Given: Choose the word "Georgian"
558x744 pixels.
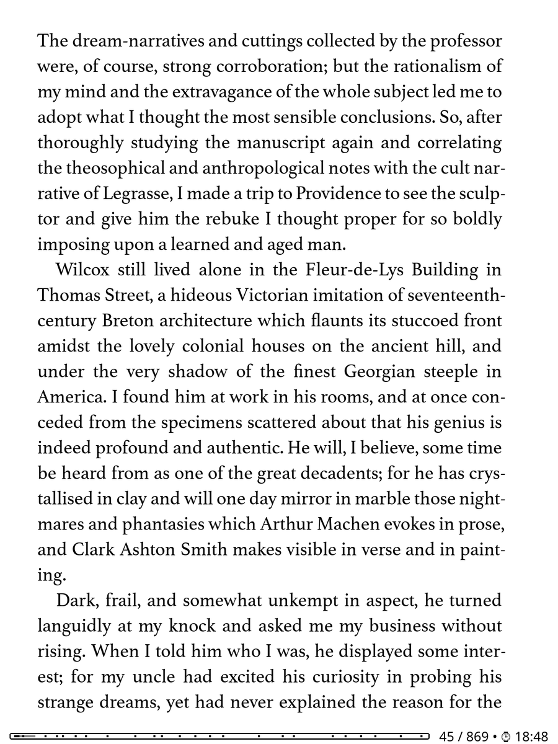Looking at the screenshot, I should pyautogui.click(x=379, y=371).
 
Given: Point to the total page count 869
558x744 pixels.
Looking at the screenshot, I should pyautogui.click(x=477, y=737).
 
